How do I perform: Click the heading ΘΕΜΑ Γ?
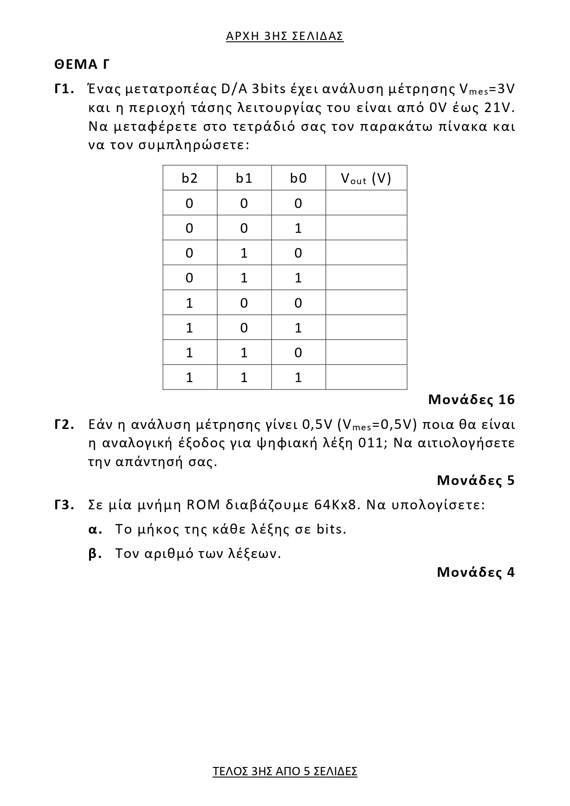tap(82, 64)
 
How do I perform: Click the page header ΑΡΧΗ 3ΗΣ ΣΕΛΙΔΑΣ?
tap(285, 36)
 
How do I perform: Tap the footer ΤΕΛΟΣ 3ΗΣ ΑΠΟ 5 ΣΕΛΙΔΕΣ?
tap(285, 771)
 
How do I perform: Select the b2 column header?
tap(190, 178)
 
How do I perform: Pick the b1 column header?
tap(244, 178)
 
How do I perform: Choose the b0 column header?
tap(298, 178)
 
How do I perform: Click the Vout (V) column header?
tap(366, 178)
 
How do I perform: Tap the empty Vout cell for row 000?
tap(366, 203)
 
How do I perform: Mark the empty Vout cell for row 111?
tap(366, 377)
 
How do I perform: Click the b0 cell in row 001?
tap(298, 228)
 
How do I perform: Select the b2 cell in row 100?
tap(190, 303)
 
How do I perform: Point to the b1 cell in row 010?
tap(244, 253)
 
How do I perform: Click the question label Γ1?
tap(64, 89)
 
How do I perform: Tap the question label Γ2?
tap(64, 424)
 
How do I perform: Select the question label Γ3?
tap(64, 505)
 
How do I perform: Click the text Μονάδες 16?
tap(471, 400)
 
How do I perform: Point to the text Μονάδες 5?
tap(476, 480)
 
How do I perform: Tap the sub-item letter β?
tap(94, 554)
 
